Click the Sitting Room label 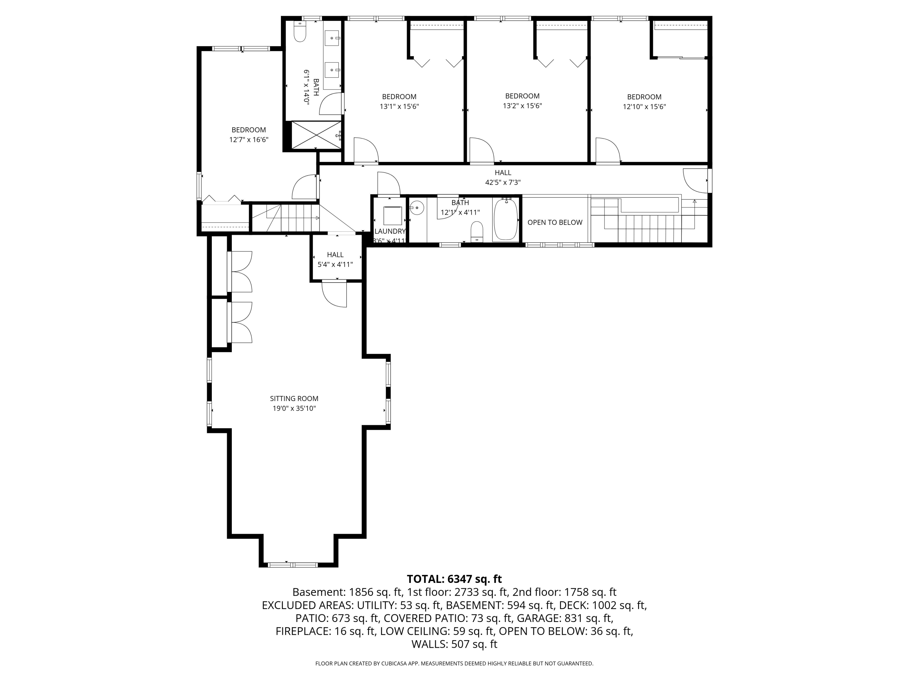coord(294,398)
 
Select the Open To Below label coord(555,222)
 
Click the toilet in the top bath coord(300,32)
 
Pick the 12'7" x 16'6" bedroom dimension coord(249,140)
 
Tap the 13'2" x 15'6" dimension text coord(522,106)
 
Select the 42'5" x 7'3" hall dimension coord(503,182)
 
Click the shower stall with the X coord(316,135)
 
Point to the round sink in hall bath coord(417,208)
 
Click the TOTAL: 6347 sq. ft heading coord(454,579)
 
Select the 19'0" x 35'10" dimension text coord(294,409)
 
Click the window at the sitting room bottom coord(293,564)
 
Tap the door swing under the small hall coord(334,294)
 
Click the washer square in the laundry coord(392,216)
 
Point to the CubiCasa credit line coord(454,664)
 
